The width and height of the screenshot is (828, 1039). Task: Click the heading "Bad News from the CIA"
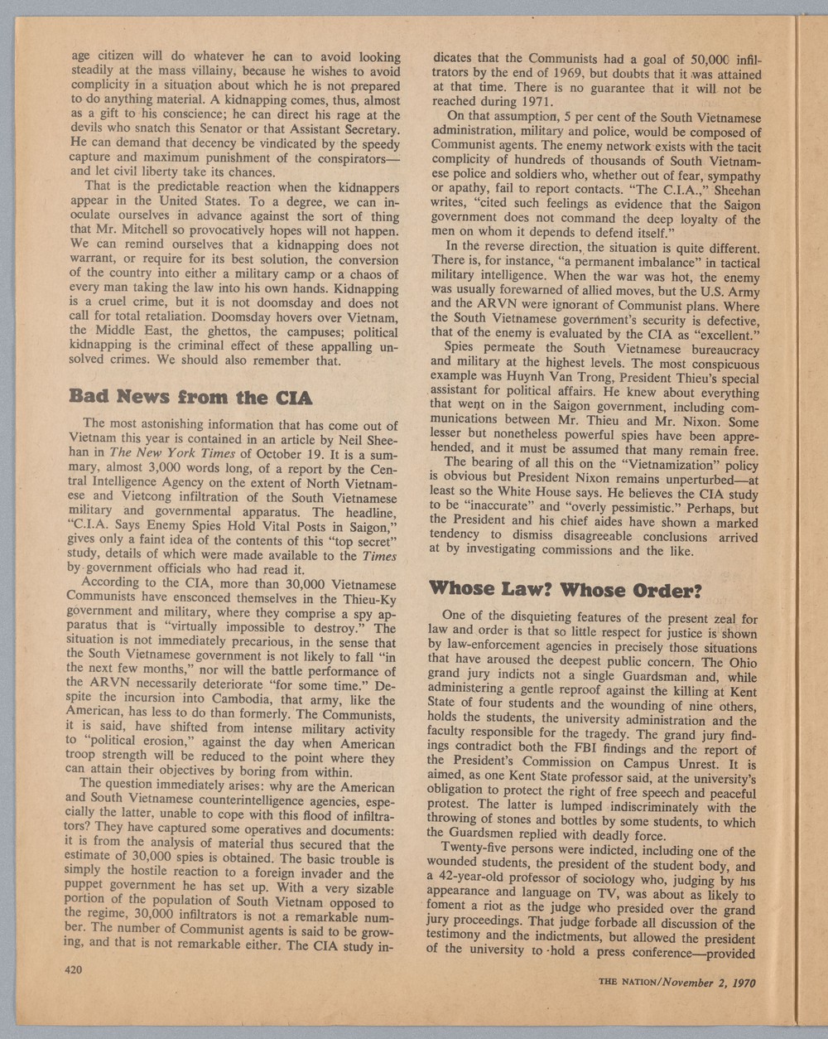(x=192, y=399)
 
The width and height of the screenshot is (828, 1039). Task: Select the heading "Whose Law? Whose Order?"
(x=566, y=591)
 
